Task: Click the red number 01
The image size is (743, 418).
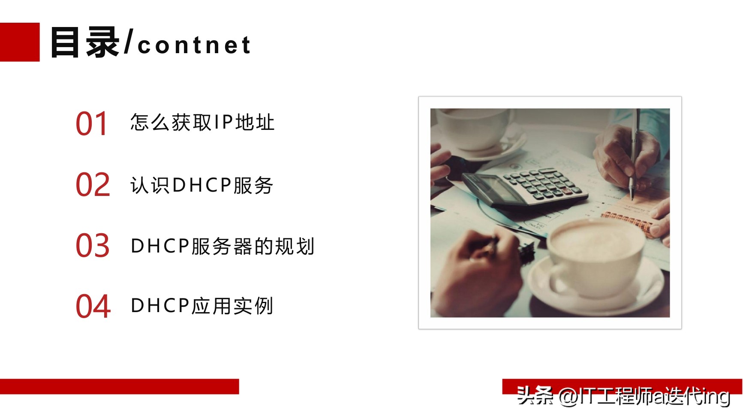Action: pos(91,123)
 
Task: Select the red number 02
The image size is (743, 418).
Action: pos(93,185)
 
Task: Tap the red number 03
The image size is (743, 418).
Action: pos(93,246)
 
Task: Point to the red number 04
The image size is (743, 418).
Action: pos(93,306)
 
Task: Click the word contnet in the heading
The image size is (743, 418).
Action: pos(194,45)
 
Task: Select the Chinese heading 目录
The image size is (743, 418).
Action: pos(85,42)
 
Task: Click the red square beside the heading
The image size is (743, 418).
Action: pos(19,42)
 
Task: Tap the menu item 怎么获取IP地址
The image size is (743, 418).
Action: pos(202,123)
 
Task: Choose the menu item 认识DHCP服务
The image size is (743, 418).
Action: pos(202,185)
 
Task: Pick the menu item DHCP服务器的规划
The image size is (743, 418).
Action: pos(223,246)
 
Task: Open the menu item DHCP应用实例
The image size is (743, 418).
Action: pos(202,306)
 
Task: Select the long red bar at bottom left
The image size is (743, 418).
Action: pos(119,386)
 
